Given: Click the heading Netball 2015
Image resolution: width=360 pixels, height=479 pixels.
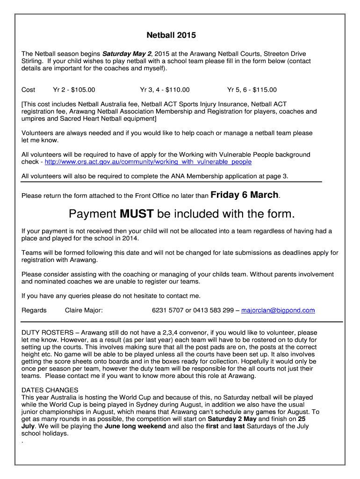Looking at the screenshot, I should click(x=171, y=35).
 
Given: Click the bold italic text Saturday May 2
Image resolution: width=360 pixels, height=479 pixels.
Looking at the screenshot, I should click(x=126, y=54).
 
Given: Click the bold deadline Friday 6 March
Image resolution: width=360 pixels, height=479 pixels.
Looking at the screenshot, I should click(x=245, y=195).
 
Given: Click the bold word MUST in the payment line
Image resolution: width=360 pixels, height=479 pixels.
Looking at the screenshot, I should click(x=137, y=214).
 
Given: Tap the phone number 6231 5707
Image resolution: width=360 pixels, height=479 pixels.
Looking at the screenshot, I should click(x=168, y=310).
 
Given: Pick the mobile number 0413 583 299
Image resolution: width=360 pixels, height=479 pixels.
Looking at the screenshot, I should click(x=213, y=310).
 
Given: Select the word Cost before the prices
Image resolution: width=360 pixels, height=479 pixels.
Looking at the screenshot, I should click(x=29, y=90).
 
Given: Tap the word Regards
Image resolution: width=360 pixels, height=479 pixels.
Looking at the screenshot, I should click(x=34, y=310).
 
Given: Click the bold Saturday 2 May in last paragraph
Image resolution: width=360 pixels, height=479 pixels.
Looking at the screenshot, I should click(x=232, y=419).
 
